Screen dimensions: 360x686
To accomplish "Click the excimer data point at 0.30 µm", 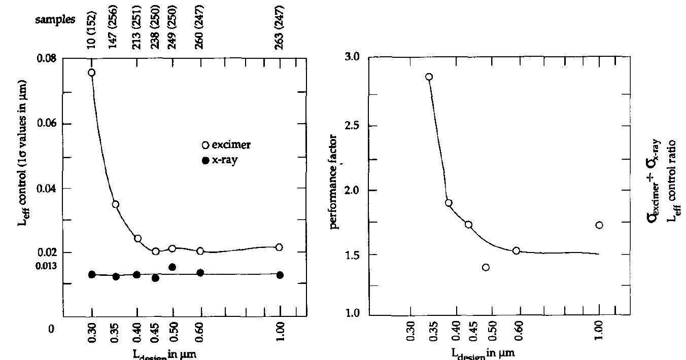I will [x=92, y=73].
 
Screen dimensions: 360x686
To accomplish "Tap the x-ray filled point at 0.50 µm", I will [x=173, y=267].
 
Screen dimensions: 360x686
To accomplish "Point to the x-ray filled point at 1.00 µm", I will [x=280, y=275].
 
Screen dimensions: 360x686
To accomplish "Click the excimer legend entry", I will [x=226, y=145].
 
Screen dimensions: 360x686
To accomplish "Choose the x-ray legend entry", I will [x=222, y=160].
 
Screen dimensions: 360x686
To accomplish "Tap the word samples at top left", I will [x=55, y=20].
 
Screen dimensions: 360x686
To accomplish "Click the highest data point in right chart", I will [x=429, y=77].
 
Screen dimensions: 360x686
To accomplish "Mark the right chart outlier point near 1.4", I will [x=486, y=267].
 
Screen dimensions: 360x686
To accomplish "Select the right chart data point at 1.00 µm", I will [x=599, y=225].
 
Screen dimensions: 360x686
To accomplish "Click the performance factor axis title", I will [x=334, y=182].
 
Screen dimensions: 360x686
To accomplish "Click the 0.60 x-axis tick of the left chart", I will [x=200, y=333].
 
